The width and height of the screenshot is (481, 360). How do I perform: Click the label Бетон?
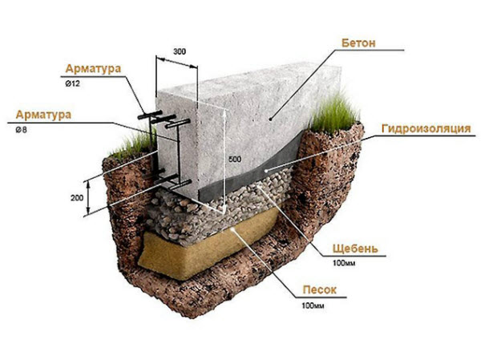tap(358, 43)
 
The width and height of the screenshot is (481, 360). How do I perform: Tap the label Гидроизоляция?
tap(426, 128)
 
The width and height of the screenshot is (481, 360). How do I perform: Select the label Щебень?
tap(355, 249)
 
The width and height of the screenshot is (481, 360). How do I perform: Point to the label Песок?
tap(320, 289)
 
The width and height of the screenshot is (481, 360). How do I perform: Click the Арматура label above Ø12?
tap(93, 68)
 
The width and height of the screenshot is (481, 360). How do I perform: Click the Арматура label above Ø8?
tap(43, 115)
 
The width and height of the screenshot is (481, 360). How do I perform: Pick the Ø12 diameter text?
tap(72, 83)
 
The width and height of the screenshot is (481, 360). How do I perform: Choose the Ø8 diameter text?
tap(21, 130)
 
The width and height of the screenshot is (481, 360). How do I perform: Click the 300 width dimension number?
tap(180, 51)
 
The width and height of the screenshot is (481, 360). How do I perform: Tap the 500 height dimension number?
tap(235, 159)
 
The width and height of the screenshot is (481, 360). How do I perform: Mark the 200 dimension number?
tap(77, 198)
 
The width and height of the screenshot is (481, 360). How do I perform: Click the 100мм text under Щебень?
tap(344, 263)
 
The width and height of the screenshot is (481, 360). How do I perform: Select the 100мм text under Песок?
tap(313, 305)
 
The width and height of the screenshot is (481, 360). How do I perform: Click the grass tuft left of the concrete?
tap(135, 144)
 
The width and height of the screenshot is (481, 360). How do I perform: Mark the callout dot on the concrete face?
tap(271, 119)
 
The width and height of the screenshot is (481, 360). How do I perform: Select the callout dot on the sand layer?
tap(234, 229)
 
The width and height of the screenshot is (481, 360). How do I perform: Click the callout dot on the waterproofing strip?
tap(266, 170)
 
